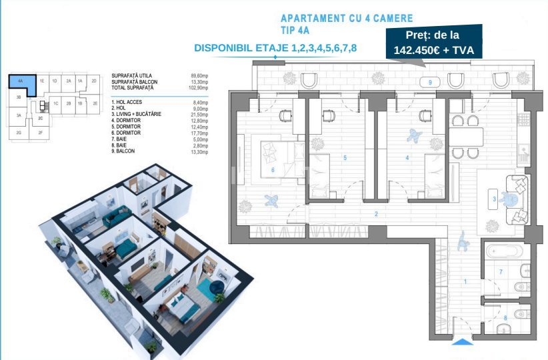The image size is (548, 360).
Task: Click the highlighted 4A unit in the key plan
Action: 21,83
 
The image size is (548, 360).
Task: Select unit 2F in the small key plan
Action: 41,133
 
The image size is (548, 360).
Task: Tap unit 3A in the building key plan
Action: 19,115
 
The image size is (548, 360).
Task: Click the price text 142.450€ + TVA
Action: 433,48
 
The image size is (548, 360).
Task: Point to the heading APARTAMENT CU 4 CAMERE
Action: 347,18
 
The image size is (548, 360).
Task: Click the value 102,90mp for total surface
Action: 199,88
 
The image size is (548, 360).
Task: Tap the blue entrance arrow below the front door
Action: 461,343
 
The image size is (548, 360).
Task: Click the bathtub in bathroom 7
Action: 505,253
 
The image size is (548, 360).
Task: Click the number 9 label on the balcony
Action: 430,82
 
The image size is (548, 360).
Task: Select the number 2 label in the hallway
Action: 376,214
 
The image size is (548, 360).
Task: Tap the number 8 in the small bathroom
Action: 505,318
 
